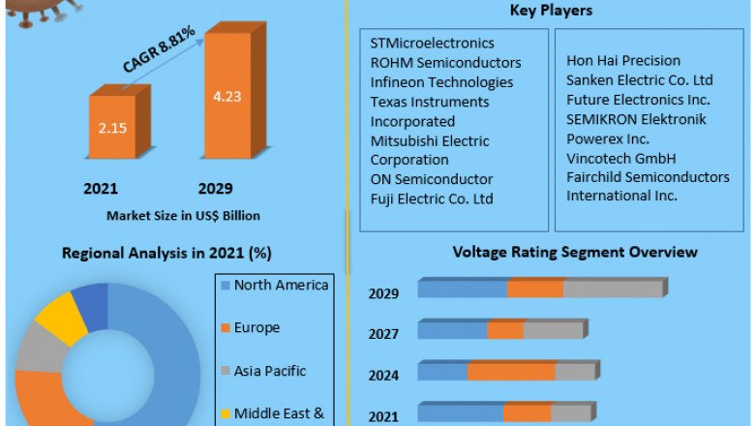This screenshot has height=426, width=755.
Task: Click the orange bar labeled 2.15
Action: coord(112,128)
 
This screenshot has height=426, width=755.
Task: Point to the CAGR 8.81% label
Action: coord(160,50)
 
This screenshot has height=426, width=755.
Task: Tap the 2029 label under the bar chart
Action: coord(215,188)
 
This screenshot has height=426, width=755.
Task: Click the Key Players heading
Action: coord(551,11)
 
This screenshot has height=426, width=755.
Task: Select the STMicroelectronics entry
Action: coord(432,44)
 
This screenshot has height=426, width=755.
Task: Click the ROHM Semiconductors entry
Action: coord(445,63)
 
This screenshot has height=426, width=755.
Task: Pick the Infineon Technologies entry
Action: coord(441,82)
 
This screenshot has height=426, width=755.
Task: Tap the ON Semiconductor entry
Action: coord(431,179)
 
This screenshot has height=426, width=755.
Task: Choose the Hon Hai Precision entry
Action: coord(622,61)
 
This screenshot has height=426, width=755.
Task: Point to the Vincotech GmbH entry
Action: coord(620,158)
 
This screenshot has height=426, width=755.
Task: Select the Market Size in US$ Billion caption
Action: coord(183,215)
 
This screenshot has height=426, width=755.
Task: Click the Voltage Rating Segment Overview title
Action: coord(575,253)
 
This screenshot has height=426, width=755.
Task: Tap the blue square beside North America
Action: coord(226,286)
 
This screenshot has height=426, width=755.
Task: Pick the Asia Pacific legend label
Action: coord(271,370)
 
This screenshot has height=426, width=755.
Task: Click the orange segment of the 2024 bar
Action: coord(511,372)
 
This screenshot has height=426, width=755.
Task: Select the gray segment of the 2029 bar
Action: coord(612,289)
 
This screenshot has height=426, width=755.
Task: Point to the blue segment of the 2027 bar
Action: coord(452,331)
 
